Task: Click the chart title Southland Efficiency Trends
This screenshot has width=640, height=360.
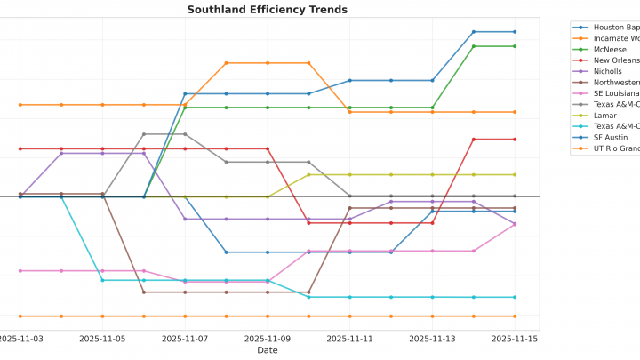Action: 267,10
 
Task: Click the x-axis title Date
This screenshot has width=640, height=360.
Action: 267,350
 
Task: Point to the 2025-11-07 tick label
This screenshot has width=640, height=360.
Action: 185,339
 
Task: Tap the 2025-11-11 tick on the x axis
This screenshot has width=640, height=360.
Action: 349,339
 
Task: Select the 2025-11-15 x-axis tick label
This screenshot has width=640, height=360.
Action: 515,339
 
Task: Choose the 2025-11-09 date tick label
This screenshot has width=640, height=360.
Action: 268,339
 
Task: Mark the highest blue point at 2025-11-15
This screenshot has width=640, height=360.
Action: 515,32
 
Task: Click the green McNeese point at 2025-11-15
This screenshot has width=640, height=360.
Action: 515,46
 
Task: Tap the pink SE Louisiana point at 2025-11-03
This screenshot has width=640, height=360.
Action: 20,270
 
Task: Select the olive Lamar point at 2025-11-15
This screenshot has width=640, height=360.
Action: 515,174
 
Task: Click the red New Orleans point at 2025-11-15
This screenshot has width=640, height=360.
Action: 515,139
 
